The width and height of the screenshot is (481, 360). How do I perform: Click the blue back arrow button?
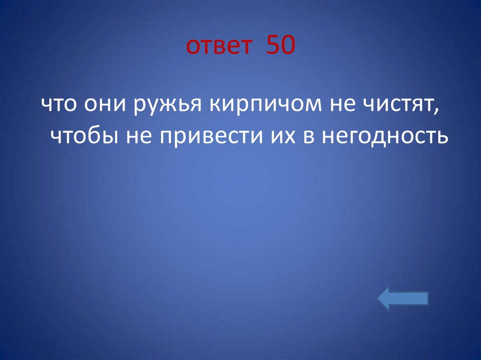(x=403, y=299)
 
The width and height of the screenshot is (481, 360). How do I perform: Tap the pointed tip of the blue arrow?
(x=380, y=299)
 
